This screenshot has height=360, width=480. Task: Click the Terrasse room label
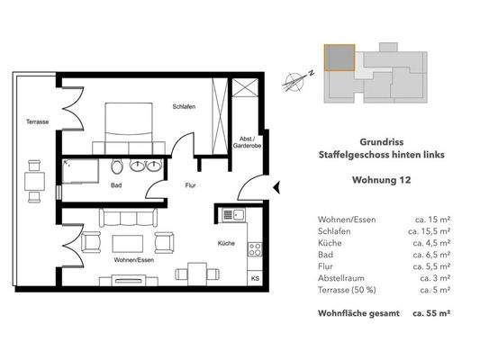37,121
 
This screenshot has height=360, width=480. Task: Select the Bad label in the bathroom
116,186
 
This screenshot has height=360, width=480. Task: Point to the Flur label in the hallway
190,187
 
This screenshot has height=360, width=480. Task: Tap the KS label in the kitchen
255,279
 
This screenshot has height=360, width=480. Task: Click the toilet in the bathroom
116,167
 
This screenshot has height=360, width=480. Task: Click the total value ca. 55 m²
430,314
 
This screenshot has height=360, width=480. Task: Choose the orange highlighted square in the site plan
338,58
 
